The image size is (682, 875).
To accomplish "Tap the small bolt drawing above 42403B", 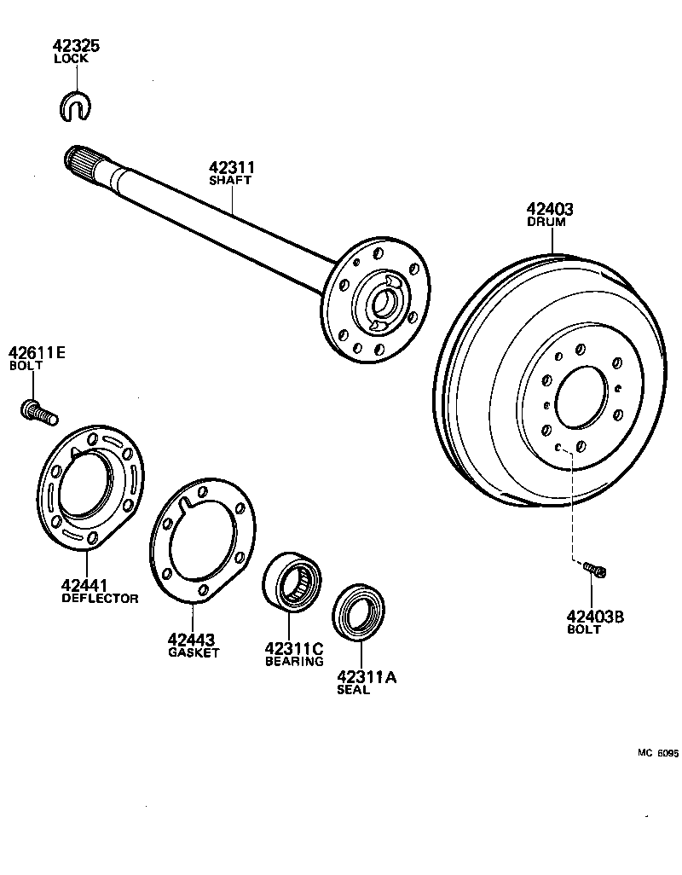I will (595, 568).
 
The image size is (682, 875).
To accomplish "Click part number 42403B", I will (594, 616).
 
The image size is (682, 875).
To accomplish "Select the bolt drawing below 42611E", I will (37, 412).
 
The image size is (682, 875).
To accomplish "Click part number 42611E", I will (37, 352).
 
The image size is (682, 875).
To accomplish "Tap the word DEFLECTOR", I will (100, 599).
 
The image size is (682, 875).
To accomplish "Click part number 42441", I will (84, 585).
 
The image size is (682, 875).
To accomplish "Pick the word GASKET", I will (194, 652).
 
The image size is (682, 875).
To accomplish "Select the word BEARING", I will (294, 661).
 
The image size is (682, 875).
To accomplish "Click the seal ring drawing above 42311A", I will (361, 611).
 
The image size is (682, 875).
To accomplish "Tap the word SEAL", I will (353, 690).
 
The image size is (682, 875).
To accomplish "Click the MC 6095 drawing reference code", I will (657, 753).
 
